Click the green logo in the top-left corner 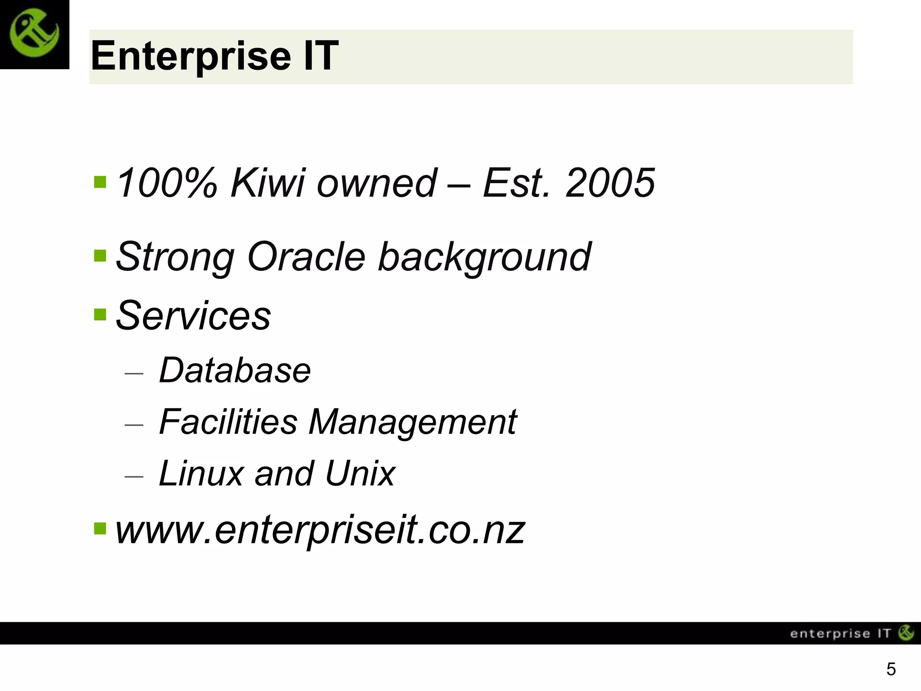pos(34,34)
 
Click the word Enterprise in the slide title pos(191,56)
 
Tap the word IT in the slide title pos(321,56)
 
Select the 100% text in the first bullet pos(166,183)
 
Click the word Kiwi pos(268,183)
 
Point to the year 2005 pos(610,183)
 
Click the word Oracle pos(306,256)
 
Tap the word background pos(484,257)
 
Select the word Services pos(193,315)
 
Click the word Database pos(235,370)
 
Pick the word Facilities pos(228,422)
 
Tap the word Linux pos(201,473)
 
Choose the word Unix pos(360,473)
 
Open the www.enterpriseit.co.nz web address pos(320,530)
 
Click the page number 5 pos(891,669)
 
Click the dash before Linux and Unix pos(134,476)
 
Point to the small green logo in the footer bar pos(906,633)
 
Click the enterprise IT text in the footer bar pos(840,634)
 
